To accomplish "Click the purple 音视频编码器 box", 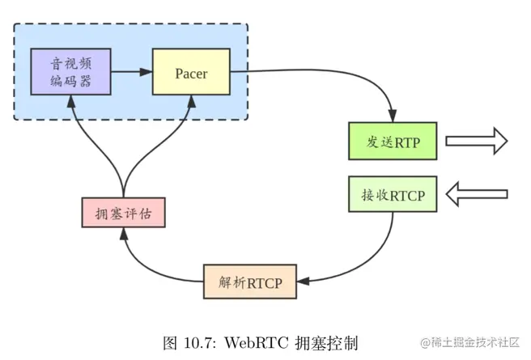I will [70, 73].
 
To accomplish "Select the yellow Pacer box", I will [191, 74].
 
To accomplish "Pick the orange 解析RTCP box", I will [249, 282].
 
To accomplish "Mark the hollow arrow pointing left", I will [477, 194].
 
